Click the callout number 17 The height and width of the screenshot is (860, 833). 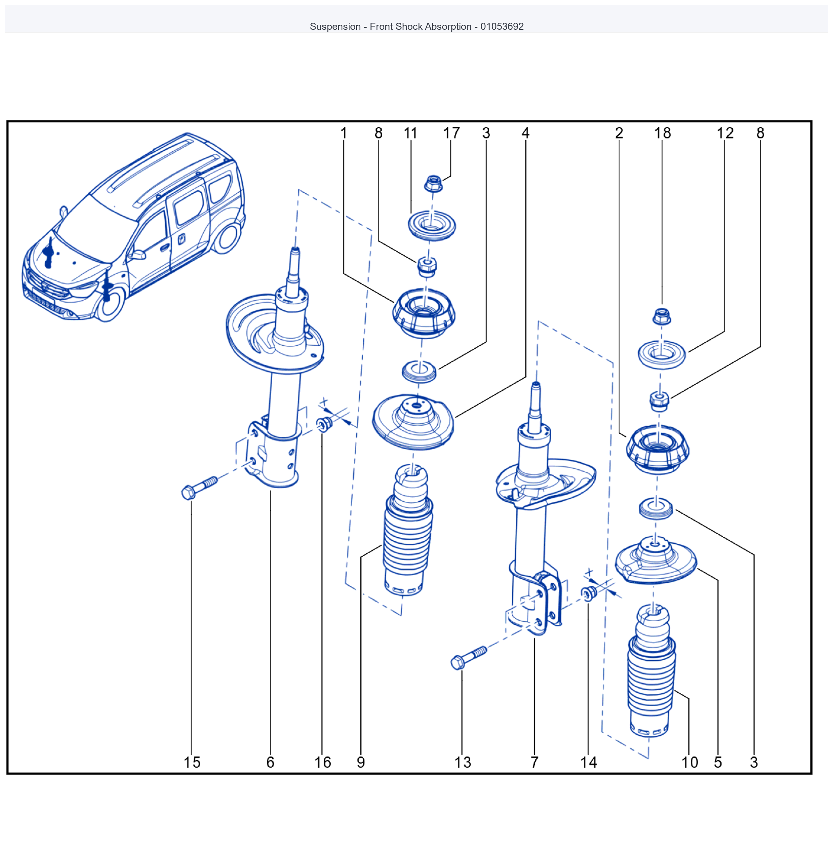click(451, 133)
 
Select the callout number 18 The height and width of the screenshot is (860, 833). click(662, 133)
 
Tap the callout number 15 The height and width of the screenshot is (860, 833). click(192, 762)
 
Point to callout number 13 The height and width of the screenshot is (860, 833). click(463, 762)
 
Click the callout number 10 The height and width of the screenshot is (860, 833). click(689, 762)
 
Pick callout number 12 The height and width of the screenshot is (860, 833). click(725, 133)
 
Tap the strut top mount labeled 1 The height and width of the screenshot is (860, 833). click(424, 313)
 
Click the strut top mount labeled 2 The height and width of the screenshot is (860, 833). click(658, 449)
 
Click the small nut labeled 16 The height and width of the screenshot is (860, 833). click(324, 424)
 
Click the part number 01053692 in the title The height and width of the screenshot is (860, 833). click(502, 26)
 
